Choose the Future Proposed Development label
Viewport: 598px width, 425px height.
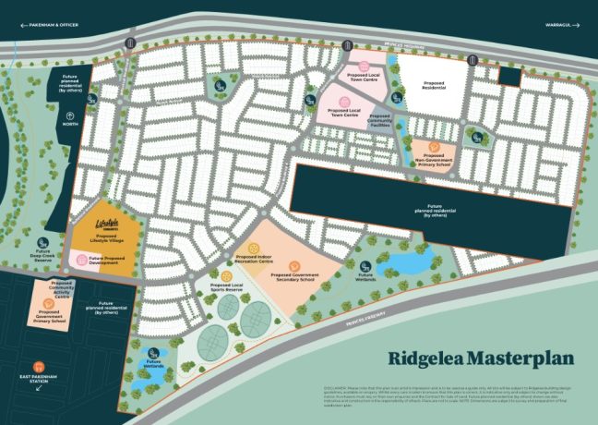coord(106,259)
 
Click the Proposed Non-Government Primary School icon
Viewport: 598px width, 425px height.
coord(431,145)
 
